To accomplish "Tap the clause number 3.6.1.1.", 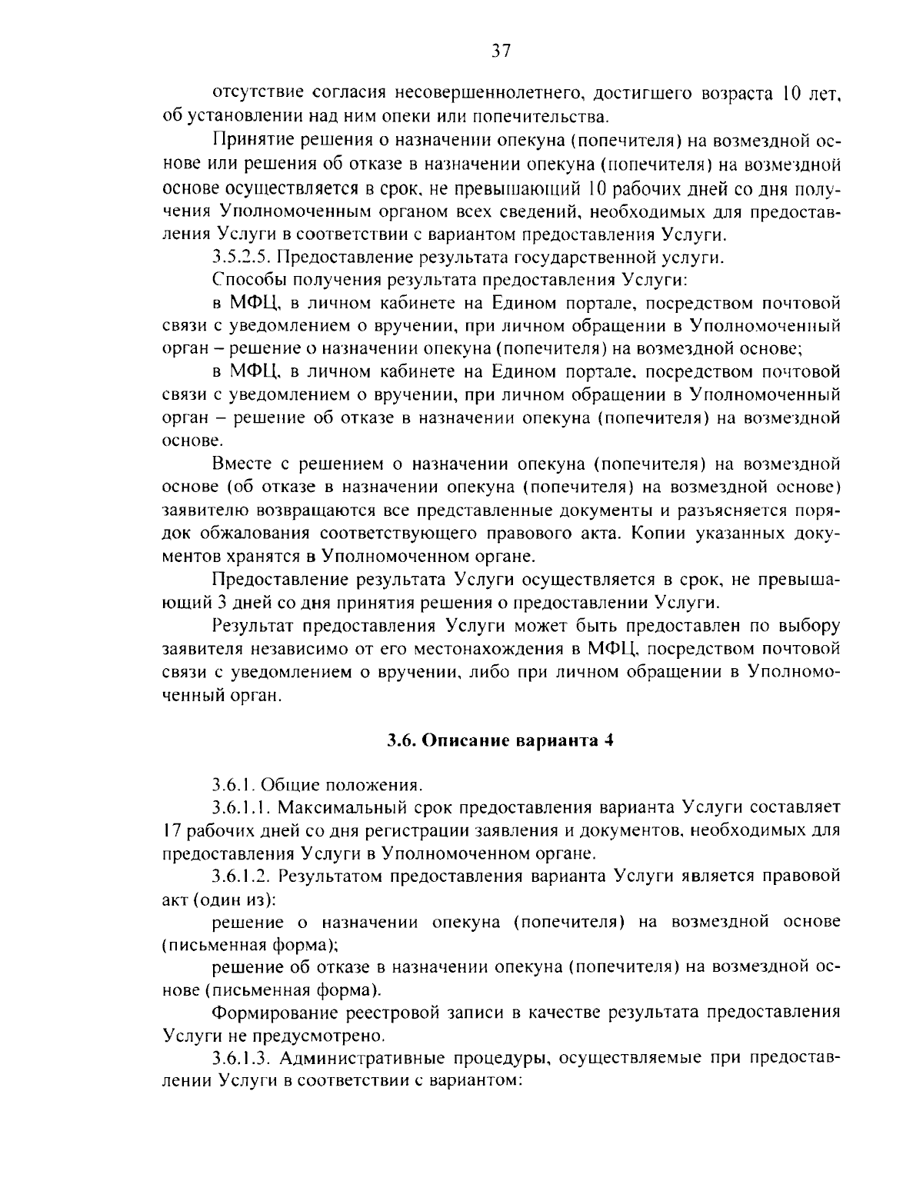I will click(x=242, y=808).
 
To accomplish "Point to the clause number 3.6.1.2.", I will click(x=242, y=876).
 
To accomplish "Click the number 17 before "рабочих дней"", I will click(x=173, y=831).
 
